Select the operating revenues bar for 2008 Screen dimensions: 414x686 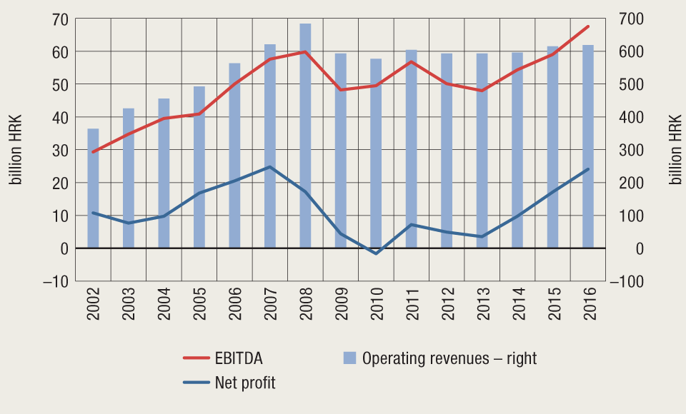coord(305,136)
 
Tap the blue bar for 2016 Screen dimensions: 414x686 coord(588,146)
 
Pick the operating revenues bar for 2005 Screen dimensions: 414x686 coord(199,167)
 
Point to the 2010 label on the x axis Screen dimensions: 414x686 coord(377,308)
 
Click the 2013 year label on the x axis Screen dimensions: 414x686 coord(482,308)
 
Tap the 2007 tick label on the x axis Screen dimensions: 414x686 coord(270,308)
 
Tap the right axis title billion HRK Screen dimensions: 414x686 coord(675,150)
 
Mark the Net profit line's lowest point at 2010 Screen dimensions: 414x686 coord(376,253)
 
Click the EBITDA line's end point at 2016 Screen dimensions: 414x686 coord(588,26)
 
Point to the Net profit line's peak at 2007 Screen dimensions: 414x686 coord(269,167)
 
